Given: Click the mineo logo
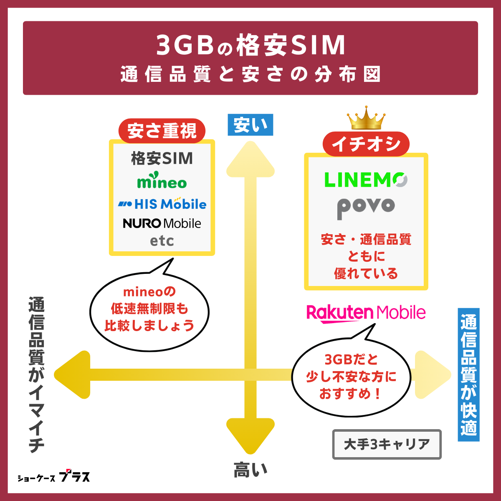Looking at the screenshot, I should (162, 181).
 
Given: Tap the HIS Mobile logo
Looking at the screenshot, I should (162, 204).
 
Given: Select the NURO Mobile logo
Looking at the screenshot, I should (162, 223).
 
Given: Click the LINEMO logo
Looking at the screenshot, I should (366, 180).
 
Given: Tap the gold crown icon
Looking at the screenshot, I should (366, 118).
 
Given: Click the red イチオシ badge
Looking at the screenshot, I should (366, 144).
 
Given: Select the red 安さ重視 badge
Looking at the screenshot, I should (162, 131).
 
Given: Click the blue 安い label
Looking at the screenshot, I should (250, 125).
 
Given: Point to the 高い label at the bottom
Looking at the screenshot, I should (250, 470).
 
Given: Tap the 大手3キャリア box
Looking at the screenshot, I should (387, 444).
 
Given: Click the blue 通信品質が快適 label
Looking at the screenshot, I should (468, 374).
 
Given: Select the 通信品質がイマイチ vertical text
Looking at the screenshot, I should (37, 374).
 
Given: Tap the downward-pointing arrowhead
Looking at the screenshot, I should (250, 436).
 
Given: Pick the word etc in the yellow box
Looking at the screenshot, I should (162, 241).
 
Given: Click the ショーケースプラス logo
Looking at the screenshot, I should (54, 477).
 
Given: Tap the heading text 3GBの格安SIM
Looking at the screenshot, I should (250, 45).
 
